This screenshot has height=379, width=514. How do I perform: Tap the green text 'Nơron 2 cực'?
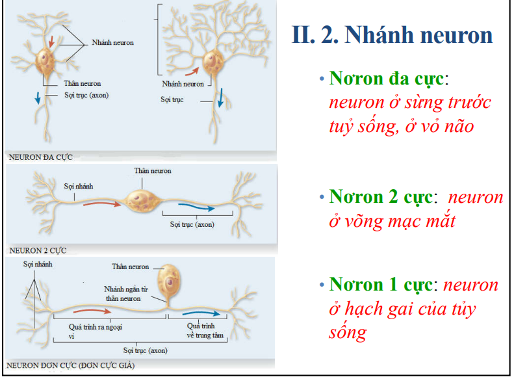pyautogui.click(x=381, y=196)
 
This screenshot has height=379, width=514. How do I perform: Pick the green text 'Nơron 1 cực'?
pyautogui.click(x=381, y=285)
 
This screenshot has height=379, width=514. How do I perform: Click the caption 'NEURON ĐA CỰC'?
pyautogui.click(x=40, y=157)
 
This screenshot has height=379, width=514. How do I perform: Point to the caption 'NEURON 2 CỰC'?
pyautogui.click(x=38, y=250)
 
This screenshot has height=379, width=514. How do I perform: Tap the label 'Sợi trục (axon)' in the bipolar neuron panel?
pyautogui.click(x=192, y=225)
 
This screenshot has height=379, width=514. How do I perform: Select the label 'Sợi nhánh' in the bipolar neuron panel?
pyautogui.click(x=78, y=186)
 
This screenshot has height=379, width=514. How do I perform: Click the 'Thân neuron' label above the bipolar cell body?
pyautogui.click(x=152, y=170)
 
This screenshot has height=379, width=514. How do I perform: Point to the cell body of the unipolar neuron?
pyautogui.click(x=169, y=280)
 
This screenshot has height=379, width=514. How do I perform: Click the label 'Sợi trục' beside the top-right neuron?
pyautogui.click(x=172, y=99)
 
